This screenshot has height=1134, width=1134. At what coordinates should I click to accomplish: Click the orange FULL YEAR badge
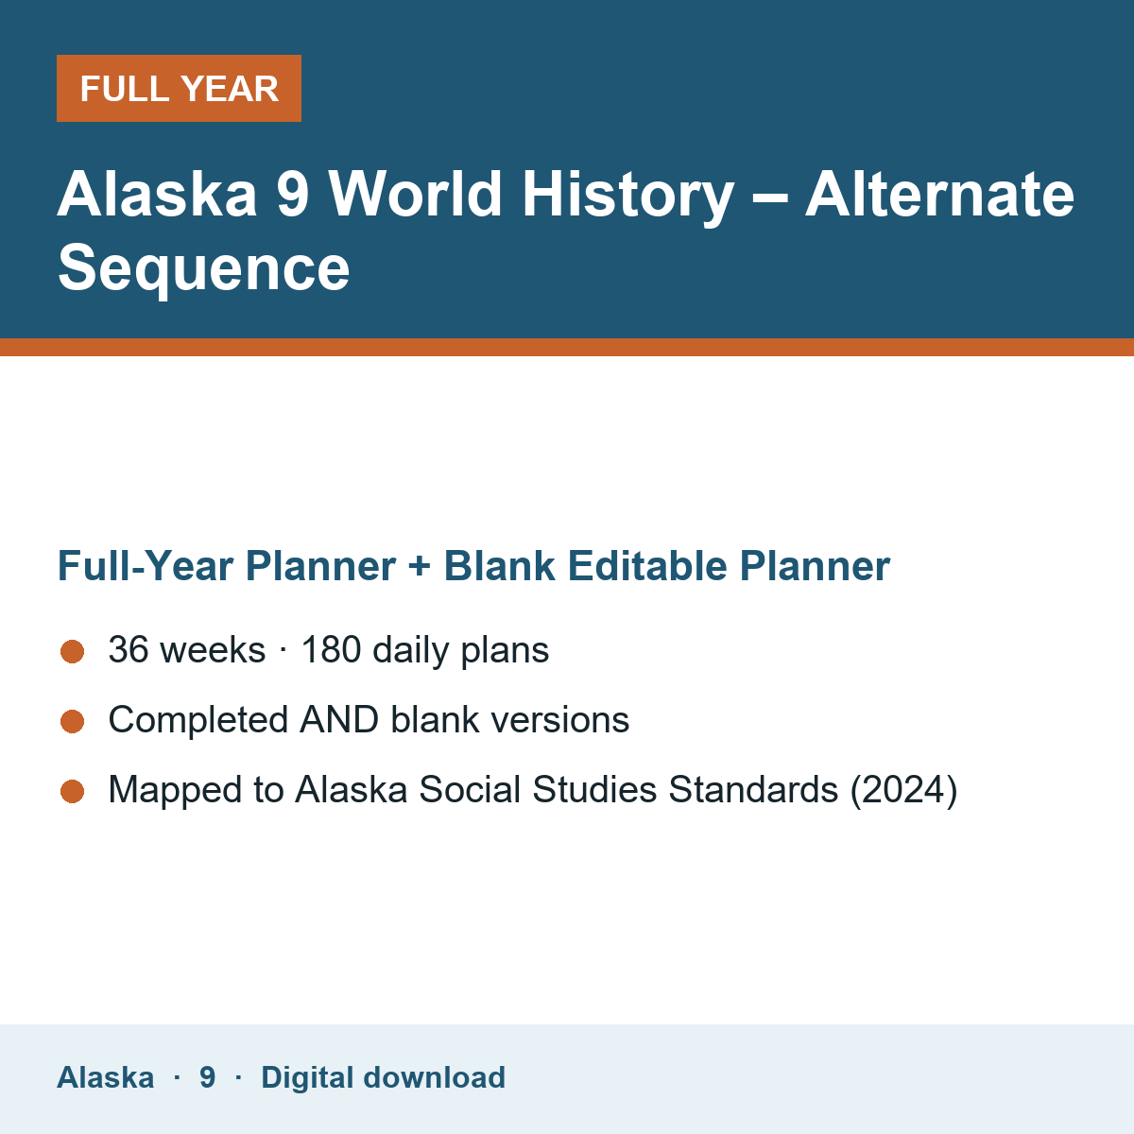pos(179,88)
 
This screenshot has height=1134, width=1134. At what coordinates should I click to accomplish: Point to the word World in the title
pos(415,194)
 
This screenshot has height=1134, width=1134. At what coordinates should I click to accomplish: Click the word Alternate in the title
pos(939,194)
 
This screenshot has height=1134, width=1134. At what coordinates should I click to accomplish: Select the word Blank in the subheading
pos(499,565)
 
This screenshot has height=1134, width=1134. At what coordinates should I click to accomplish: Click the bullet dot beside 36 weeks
pos(73,651)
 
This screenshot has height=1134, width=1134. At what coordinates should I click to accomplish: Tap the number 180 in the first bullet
pos(331,649)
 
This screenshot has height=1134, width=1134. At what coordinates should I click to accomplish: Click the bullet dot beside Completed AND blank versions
pos(73,721)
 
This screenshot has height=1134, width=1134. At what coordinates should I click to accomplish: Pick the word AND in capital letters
pos(339,720)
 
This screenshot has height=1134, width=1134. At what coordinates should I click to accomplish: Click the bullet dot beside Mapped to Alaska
pos(73,792)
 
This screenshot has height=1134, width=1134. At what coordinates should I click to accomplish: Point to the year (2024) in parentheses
pos(903,790)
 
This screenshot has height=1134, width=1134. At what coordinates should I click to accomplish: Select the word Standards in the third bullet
pos(753,789)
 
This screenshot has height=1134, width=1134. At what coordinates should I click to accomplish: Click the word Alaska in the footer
pos(105,1077)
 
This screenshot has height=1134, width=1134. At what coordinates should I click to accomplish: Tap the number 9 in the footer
pos(207,1077)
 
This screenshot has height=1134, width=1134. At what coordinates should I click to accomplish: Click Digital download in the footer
pos(383,1077)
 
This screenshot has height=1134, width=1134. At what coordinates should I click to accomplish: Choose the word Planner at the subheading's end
pos(815,565)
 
